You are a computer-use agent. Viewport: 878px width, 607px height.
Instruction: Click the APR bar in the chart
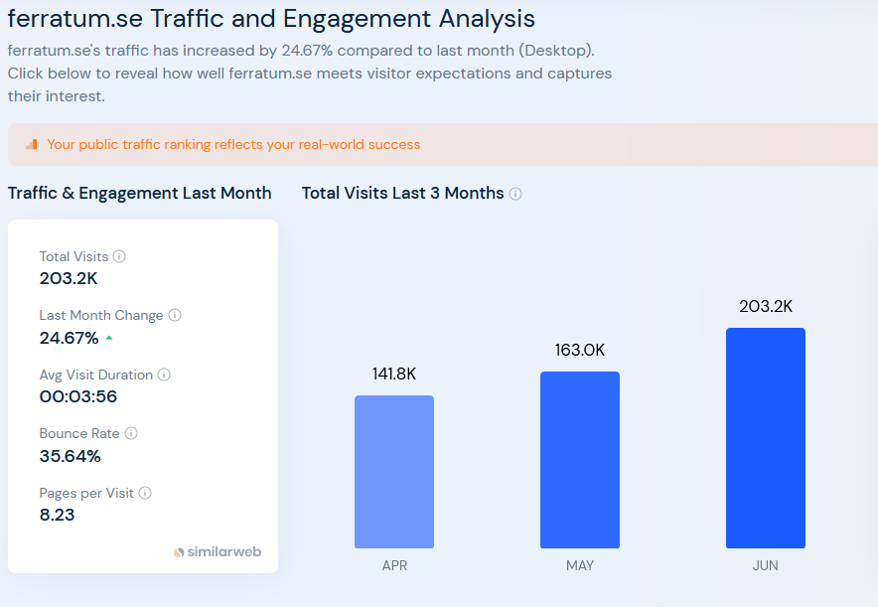394,472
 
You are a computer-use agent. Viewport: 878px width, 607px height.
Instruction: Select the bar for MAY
580,460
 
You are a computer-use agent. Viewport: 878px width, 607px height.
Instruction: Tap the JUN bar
766,438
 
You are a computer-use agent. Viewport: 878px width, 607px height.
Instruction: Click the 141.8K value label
394,374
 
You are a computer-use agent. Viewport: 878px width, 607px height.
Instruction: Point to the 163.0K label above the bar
580,350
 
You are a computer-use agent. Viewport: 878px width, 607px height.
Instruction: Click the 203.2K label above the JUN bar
766,306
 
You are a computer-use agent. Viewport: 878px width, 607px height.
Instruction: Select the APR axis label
394,565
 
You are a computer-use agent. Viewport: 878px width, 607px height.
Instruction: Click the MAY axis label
580,565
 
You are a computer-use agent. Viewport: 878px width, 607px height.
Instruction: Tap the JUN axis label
766,565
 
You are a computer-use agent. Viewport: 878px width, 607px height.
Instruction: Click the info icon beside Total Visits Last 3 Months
515,194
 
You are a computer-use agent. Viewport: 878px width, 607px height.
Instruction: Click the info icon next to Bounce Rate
131,433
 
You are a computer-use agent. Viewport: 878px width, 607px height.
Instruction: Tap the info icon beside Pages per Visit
145,493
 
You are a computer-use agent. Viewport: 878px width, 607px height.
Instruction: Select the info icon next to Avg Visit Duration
164,375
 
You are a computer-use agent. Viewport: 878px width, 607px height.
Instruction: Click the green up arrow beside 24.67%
109,338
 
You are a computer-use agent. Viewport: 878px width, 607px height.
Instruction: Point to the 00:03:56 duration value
78,396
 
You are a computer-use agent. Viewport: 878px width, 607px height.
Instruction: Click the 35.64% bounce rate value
70,456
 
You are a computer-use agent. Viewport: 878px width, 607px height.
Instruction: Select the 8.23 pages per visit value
57,515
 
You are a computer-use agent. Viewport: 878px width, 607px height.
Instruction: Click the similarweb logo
218,551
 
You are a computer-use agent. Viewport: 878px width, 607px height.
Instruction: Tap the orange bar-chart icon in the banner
32,144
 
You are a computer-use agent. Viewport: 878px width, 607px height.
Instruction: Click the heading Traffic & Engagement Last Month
139,193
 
